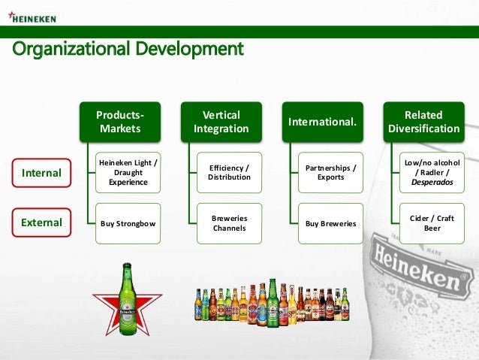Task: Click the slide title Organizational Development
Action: tap(128, 49)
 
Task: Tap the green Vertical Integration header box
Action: tap(222, 122)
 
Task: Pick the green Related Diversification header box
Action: tap(423, 122)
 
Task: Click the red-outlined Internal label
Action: tap(41, 172)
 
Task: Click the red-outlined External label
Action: tap(41, 222)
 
